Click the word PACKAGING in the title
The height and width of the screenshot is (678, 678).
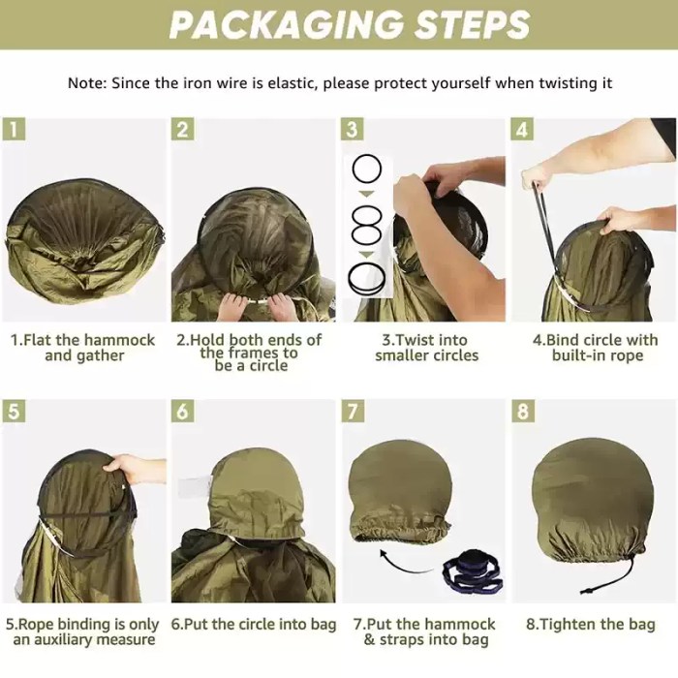(287, 25)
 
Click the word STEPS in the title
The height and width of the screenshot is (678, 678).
(473, 24)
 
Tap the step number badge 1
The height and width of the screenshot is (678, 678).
(14, 129)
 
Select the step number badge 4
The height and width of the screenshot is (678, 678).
(522, 129)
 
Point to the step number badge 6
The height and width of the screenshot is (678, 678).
(182, 411)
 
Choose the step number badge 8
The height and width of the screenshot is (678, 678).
(522, 411)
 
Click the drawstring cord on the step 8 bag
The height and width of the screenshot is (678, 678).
(623, 574)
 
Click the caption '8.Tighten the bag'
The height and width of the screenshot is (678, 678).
(590, 624)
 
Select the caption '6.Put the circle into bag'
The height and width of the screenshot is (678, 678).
(254, 624)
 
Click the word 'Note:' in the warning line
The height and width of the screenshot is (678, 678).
(87, 82)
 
